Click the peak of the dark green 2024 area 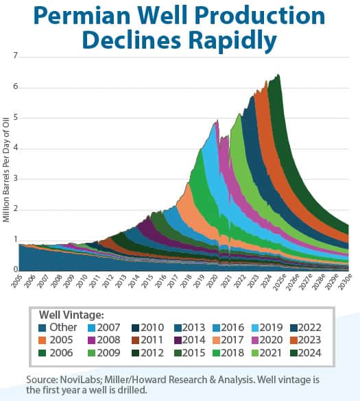tap(277, 75)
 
